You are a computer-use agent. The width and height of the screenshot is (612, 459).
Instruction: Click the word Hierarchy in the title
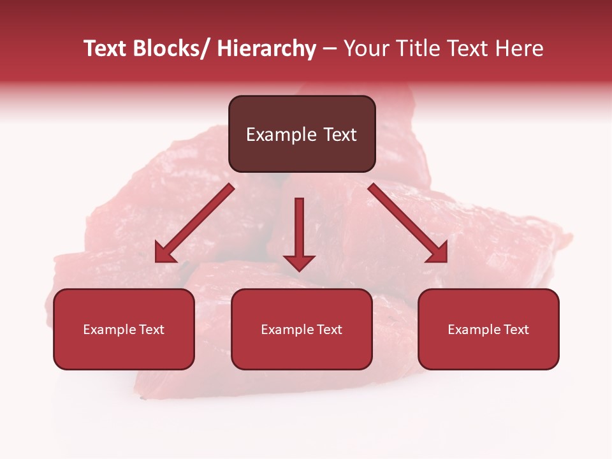click(x=266, y=48)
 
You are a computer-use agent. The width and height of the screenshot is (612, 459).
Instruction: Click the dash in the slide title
click(x=330, y=48)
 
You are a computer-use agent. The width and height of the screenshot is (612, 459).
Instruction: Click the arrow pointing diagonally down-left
click(x=198, y=221)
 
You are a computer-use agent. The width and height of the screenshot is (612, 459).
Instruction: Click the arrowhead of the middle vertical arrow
click(x=300, y=262)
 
